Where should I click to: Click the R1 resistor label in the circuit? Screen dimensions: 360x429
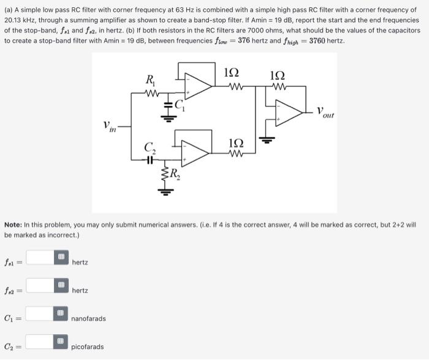150,79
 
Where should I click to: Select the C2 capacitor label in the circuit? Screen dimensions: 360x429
149,147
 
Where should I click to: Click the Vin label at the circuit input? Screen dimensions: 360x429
110,127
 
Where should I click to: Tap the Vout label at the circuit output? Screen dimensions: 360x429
325,112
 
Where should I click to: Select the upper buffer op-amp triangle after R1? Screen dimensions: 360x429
198,85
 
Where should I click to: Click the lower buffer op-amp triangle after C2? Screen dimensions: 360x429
194,154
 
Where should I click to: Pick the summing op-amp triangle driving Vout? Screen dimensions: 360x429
288,113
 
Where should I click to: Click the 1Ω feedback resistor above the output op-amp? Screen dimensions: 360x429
277,86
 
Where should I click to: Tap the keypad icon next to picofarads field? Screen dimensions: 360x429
60,342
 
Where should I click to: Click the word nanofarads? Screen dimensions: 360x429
88,319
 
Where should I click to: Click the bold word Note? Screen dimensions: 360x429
14,225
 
